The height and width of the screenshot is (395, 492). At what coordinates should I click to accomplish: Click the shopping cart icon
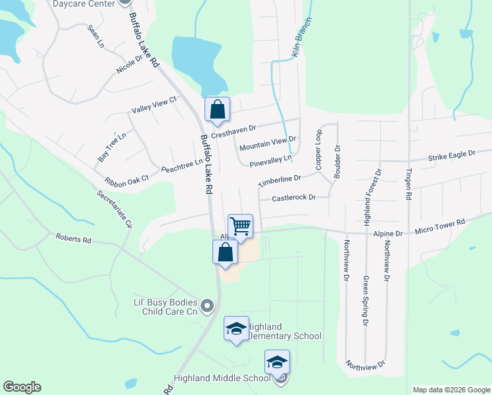241,226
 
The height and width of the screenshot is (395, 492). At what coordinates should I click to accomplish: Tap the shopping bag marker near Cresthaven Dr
217,110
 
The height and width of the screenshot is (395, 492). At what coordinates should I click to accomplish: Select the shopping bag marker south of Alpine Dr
225,252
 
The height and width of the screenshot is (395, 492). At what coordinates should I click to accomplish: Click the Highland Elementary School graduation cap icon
235,329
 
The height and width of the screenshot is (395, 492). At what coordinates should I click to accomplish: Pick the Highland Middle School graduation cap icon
277,362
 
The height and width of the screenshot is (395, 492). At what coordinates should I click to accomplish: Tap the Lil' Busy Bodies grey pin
208,305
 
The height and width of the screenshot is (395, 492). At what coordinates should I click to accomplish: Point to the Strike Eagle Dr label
451,156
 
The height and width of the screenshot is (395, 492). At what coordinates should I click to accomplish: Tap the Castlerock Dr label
294,197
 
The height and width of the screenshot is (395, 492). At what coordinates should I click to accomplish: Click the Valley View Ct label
155,104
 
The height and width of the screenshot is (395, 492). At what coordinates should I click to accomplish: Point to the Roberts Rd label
73,238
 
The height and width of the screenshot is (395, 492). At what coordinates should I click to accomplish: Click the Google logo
22,387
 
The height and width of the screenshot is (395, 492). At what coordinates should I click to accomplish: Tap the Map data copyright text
450,390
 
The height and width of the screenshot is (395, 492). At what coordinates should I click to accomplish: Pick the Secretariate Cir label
115,210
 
